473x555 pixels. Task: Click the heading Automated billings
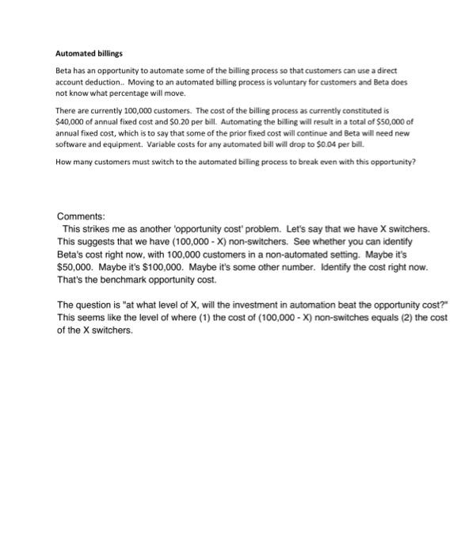pos(89,54)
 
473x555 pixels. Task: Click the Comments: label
pos(82,194)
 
